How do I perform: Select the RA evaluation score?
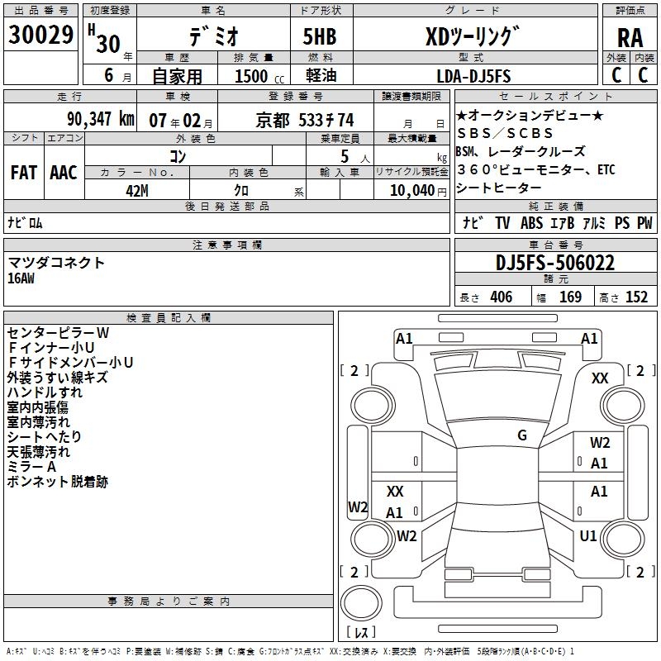pos(630,38)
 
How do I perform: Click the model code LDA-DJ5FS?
pos(473,76)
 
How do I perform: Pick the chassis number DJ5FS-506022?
pos(555,263)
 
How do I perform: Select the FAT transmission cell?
pos(23,173)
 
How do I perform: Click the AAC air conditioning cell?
pos(64,173)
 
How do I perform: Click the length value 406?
pos(500,297)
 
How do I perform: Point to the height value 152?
pos(636,297)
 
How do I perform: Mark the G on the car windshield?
pos(522,435)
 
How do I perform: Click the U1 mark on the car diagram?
pos(588,536)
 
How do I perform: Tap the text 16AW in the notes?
pos(22,278)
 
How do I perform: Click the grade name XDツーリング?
pos(473,38)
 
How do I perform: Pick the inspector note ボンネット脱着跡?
pos(58,482)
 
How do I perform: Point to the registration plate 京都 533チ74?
pos(305,119)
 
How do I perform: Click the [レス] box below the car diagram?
pos(361,633)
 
